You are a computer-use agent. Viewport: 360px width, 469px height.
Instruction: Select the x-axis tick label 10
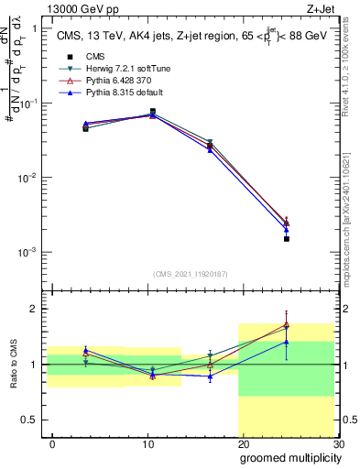[147, 442]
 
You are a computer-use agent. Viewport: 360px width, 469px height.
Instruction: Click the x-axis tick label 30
[338, 442]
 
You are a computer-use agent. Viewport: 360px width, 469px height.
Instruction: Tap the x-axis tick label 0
[52, 442]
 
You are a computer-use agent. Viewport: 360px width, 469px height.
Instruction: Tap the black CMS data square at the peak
[152, 112]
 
